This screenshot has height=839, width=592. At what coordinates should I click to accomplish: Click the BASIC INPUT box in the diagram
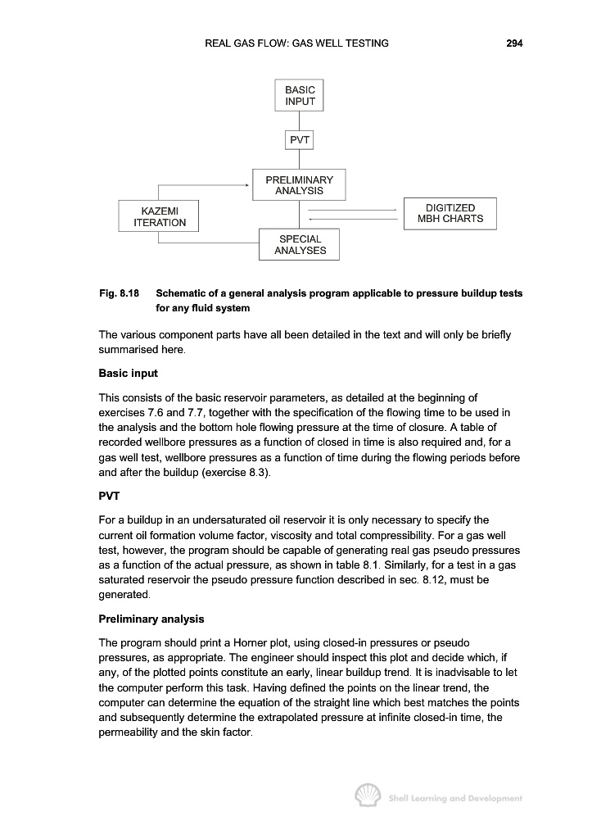coord(299,96)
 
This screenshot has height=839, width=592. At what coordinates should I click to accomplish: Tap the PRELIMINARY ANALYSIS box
coord(299,185)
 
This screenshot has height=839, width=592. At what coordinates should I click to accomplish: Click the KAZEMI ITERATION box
coord(159,216)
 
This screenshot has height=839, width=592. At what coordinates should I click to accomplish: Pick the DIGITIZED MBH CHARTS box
coord(450,213)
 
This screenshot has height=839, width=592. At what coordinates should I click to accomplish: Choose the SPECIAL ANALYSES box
coord(299,245)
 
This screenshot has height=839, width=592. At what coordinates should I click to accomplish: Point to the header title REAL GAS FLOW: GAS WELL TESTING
coord(296,43)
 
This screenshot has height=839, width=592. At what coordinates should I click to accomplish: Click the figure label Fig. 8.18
coord(119,293)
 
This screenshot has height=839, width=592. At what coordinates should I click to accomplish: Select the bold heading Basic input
coord(128,374)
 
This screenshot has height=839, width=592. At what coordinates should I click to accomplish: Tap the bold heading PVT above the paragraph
coord(109,496)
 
